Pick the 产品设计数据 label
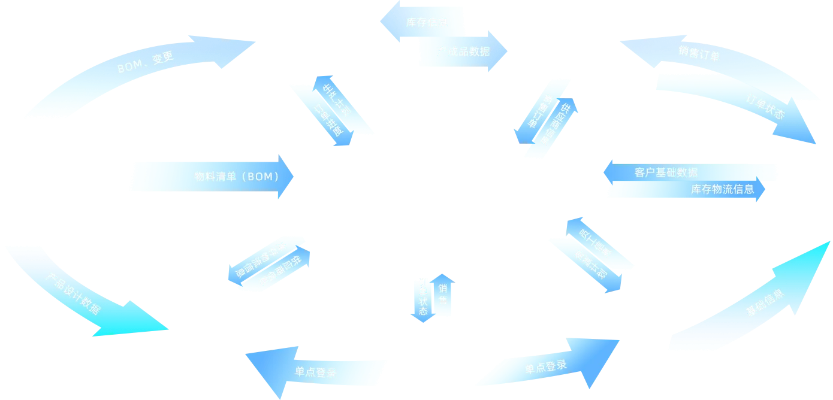[x=73, y=293]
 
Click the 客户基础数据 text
[x=666, y=172]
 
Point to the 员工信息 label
[x=596, y=243]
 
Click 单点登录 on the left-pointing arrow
[x=316, y=372]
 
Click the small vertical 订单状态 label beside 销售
[x=423, y=297]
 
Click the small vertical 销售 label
[x=443, y=293]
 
